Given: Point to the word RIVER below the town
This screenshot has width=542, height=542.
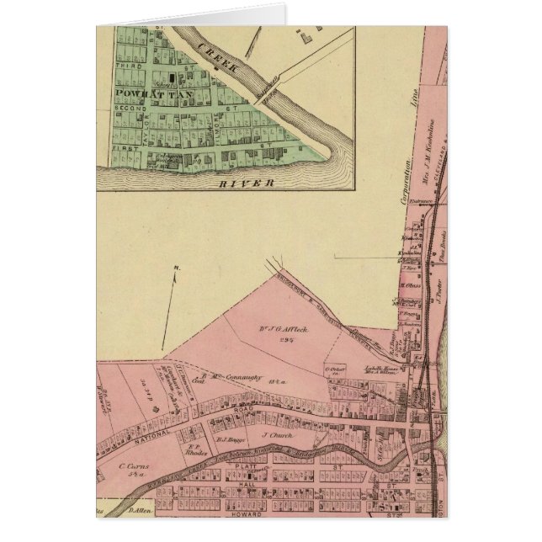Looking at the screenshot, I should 246,181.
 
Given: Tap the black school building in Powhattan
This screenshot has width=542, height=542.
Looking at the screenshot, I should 174,78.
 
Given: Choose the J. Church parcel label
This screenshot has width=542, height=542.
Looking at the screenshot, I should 275,436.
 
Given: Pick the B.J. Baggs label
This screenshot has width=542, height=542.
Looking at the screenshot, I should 229,439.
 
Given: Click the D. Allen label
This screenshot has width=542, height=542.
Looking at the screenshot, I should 139,512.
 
